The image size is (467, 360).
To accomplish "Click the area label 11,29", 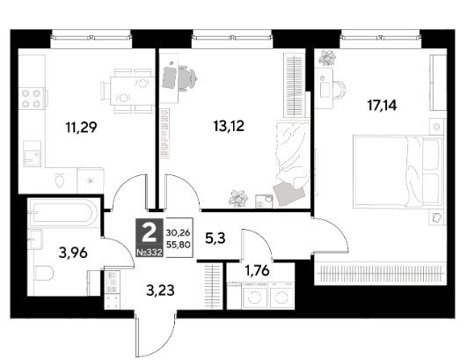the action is (x=81, y=128).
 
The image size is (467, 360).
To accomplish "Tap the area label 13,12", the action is (x=229, y=126).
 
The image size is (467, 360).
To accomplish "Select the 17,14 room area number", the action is (x=382, y=106).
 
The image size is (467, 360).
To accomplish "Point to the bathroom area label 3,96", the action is (x=73, y=253).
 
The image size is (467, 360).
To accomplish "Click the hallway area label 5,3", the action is (x=215, y=239).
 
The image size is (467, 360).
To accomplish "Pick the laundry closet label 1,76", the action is (x=257, y=270).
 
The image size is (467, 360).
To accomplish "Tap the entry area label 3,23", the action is (x=160, y=290).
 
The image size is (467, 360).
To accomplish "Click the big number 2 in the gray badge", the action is (x=150, y=233).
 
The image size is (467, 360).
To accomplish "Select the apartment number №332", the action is (x=150, y=253).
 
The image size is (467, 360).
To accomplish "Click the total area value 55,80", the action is (x=179, y=245).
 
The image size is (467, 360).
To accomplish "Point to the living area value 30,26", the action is (x=179, y=232).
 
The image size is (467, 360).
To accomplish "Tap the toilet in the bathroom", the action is (x=44, y=273).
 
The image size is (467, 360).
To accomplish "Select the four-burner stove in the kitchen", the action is (x=32, y=99).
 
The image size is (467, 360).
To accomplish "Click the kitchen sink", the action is (x=33, y=154).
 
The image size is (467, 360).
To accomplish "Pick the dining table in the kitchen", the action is (x=132, y=91).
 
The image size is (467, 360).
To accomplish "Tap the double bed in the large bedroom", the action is (x=398, y=172).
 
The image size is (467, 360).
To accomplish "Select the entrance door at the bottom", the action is (x=137, y=334).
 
